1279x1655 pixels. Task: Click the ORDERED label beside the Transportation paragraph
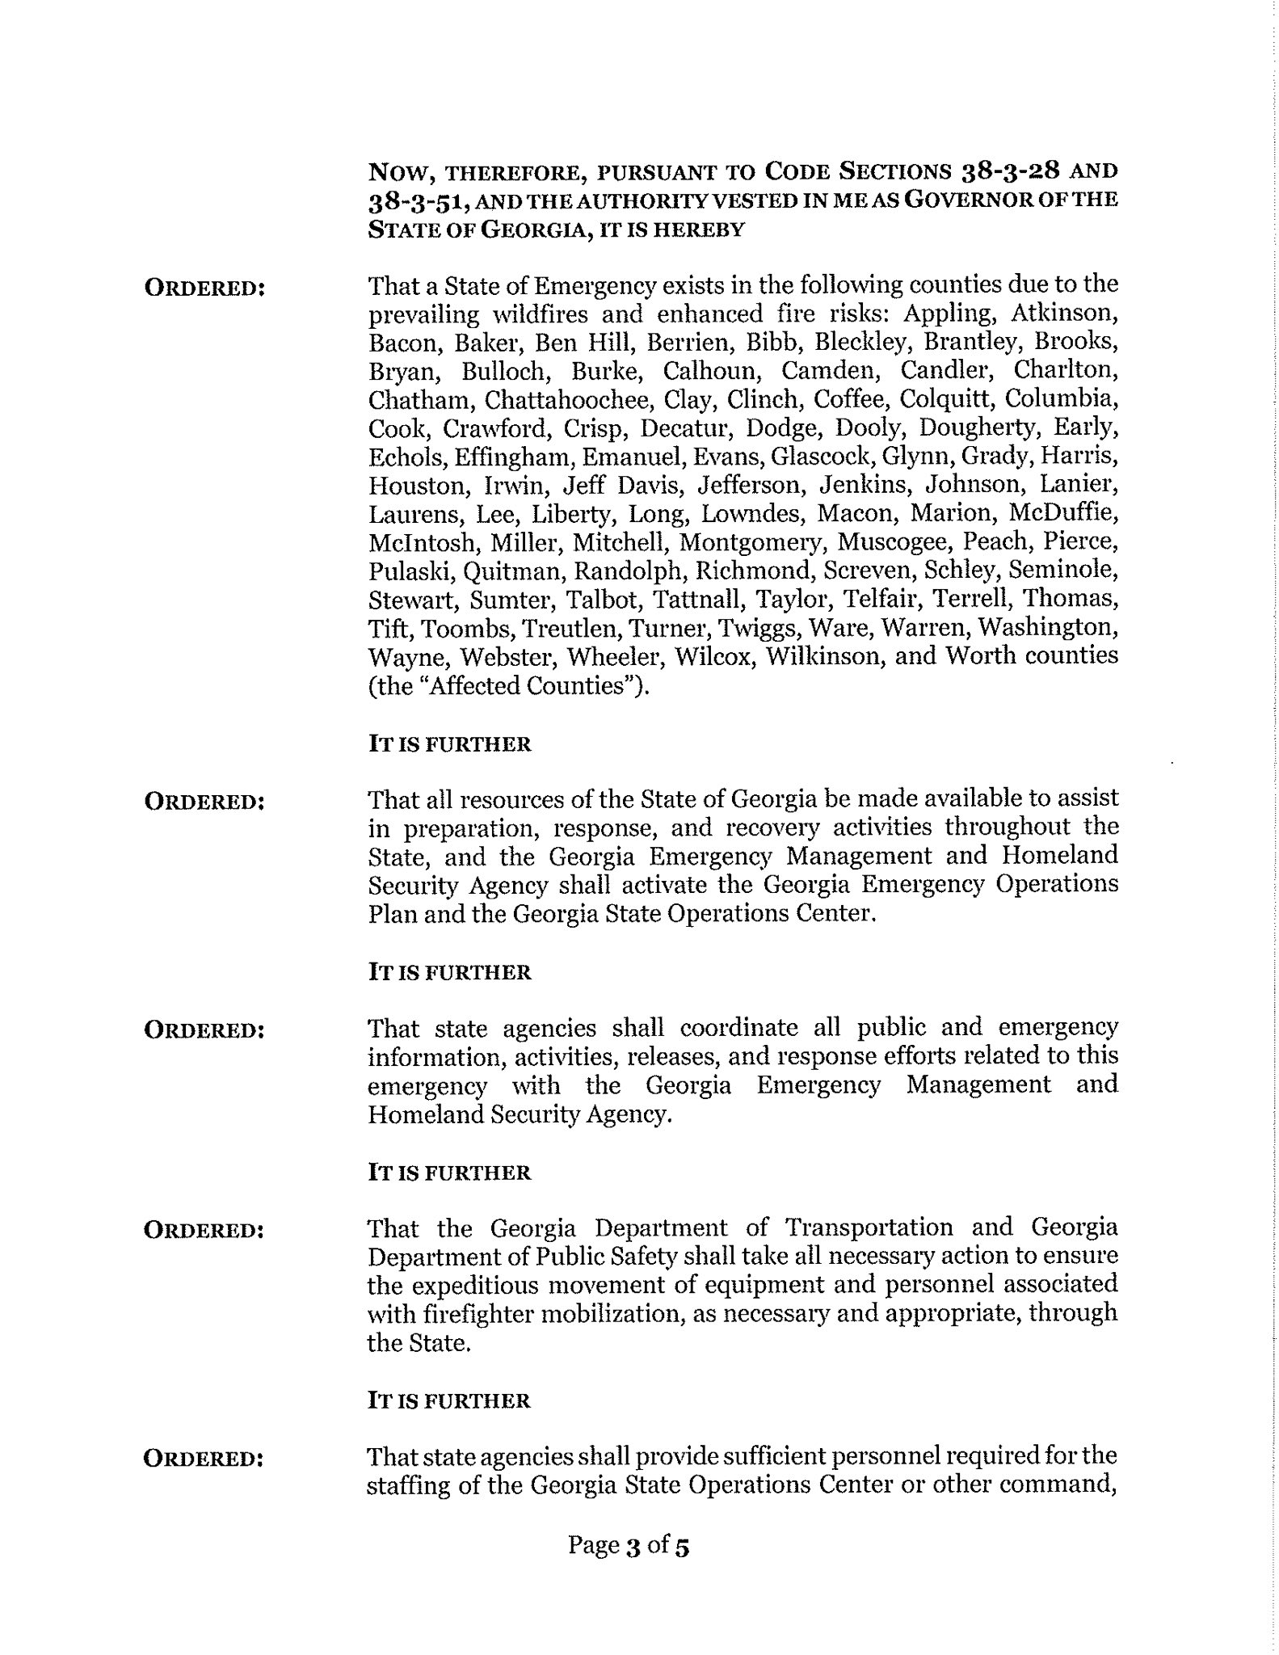point(204,1230)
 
